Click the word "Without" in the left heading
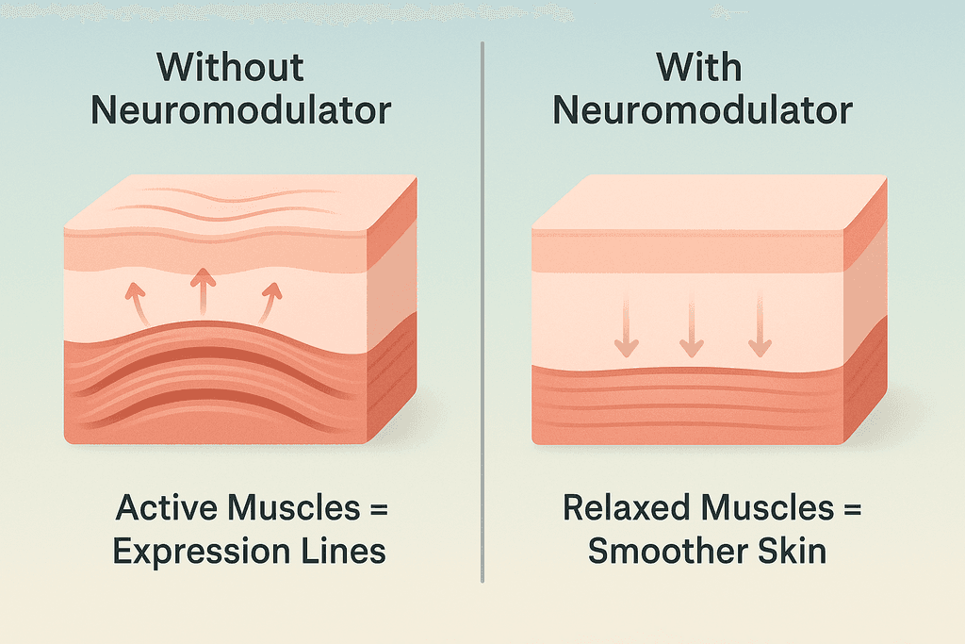tap(231, 68)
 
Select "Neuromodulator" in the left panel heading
tap(241, 110)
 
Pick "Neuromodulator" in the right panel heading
tap(703, 110)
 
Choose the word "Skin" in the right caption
tap(793, 552)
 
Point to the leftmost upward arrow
tap(136, 303)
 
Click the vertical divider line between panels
tap(482, 311)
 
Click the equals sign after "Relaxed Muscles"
tap(851, 510)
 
